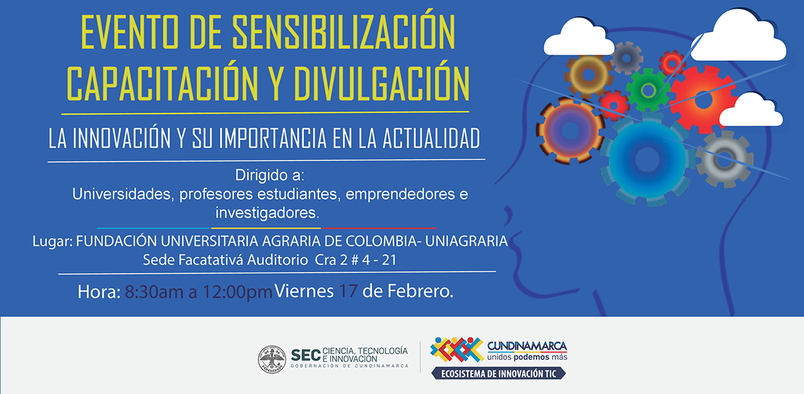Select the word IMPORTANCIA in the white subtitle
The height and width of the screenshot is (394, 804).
tap(273, 138)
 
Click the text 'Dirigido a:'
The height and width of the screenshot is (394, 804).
tap(269, 175)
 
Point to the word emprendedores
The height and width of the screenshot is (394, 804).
tap(400, 194)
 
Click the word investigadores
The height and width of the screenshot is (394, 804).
tap(267, 213)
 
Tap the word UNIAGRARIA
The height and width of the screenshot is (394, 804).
tap(466, 241)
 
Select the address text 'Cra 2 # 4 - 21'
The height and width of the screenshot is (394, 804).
tap(355, 260)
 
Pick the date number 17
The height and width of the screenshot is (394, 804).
tap(348, 291)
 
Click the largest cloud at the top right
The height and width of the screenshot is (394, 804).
tap(738, 38)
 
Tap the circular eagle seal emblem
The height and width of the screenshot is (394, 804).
tap(272, 359)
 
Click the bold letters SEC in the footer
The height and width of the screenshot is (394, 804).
tap(306, 355)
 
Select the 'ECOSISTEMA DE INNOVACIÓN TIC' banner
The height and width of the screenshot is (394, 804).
tap(498, 373)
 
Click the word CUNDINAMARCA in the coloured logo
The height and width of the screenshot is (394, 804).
tap(527, 346)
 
